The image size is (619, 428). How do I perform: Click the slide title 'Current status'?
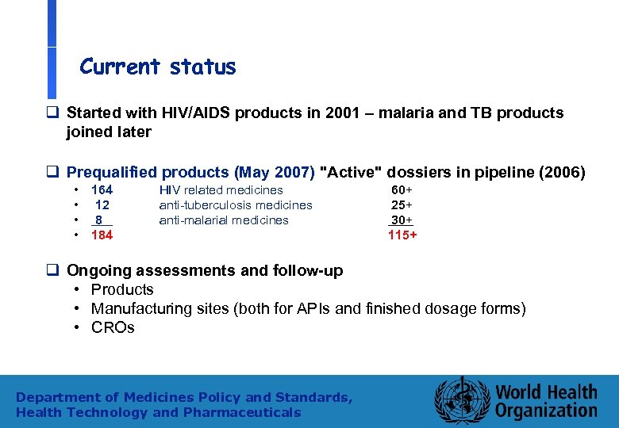(158, 67)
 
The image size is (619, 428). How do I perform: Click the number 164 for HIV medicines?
(102, 190)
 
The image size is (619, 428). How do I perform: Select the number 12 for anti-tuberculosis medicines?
(102, 205)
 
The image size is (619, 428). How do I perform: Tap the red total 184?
(102, 235)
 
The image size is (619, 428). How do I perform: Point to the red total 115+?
(402, 235)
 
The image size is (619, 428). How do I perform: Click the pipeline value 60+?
(402, 190)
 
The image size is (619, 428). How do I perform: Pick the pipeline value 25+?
(402, 205)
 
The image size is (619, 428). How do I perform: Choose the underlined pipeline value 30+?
(402, 220)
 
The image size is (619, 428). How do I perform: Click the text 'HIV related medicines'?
(221, 190)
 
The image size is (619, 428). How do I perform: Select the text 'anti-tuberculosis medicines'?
(236, 205)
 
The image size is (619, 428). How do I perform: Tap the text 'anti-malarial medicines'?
(224, 220)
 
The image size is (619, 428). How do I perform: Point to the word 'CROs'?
(113, 327)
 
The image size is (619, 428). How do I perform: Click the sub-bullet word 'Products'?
(122, 289)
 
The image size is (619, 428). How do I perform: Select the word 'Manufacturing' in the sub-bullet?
(140, 308)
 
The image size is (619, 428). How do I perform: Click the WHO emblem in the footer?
(459, 399)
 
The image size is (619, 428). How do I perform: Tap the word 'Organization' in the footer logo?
(546, 411)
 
